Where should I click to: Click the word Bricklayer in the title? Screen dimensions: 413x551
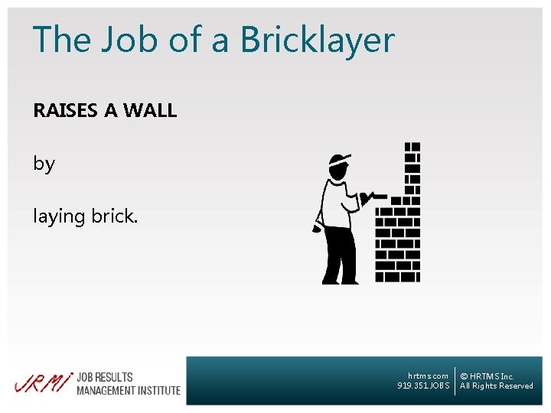pyautogui.click(x=321, y=40)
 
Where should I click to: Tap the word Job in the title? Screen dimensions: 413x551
pyautogui.click(x=126, y=40)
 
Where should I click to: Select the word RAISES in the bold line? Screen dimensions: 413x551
pyautogui.click(x=66, y=111)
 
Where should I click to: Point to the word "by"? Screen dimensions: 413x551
pyautogui.click(x=44, y=164)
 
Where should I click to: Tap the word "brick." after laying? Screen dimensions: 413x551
pyautogui.click(x=115, y=216)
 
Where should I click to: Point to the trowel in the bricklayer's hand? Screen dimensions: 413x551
pyautogui.click(x=374, y=197)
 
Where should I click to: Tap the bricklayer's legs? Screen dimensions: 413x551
pyautogui.click(x=338, y=256)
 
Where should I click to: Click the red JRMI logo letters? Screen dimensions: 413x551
pyautogui.click(x=43, y=382)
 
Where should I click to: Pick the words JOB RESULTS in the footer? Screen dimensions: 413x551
pyautogui.click(x=105, y=376)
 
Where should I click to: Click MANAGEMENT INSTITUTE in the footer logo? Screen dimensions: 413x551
pyautogui.click(x=129, y=390)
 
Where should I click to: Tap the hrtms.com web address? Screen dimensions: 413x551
pyautogui.click(x=429, y=376)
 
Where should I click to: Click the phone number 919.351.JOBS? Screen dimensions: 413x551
pyautogui.click(x=424, y=386)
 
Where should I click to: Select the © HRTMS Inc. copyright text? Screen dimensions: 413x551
pyautogui.click(x=487, y=376)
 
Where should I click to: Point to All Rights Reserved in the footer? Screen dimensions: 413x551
pyautogui.click(x=497, y=386)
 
